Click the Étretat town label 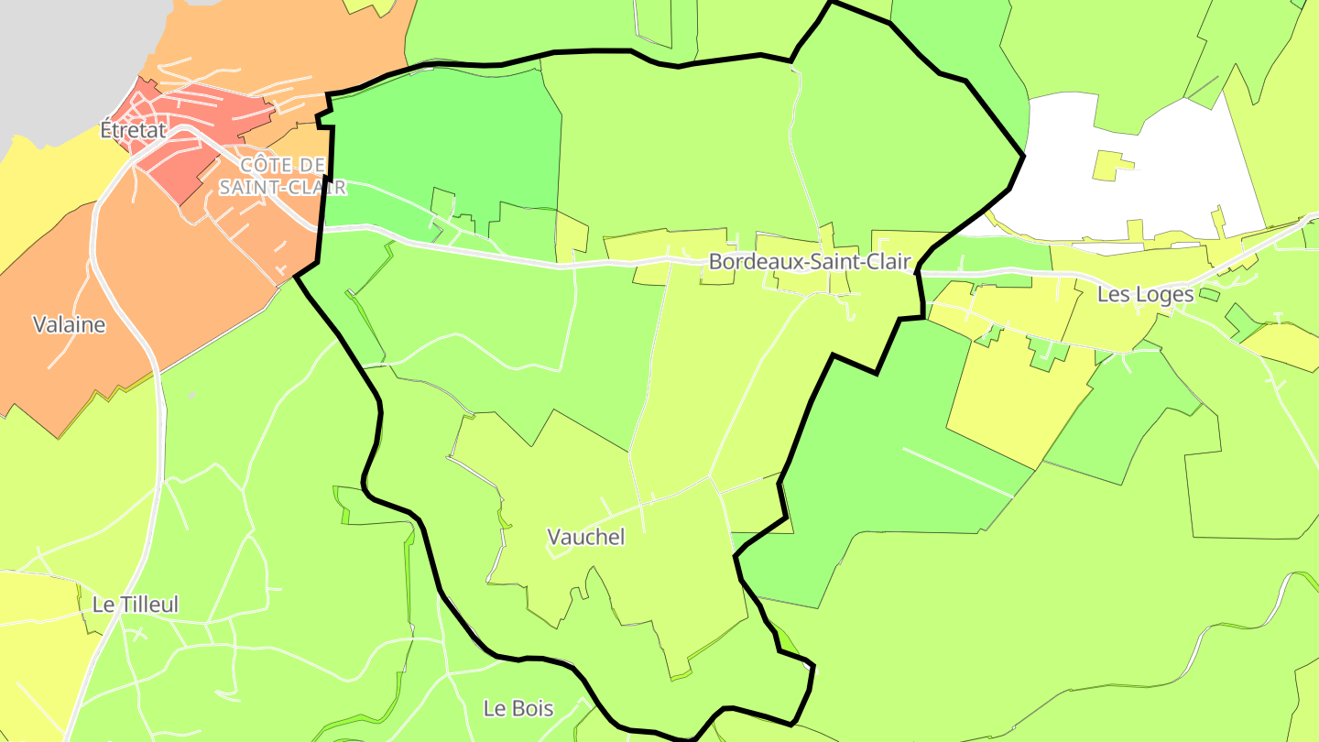[134, 130]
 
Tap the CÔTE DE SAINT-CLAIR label [283, 176]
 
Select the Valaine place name [69, 324]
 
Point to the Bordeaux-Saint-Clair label [810, 262]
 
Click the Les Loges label [1145, 294]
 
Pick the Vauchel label [585, 537]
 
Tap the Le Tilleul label [136, 605]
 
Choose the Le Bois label [518, 708]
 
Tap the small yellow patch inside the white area [1110, 167]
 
